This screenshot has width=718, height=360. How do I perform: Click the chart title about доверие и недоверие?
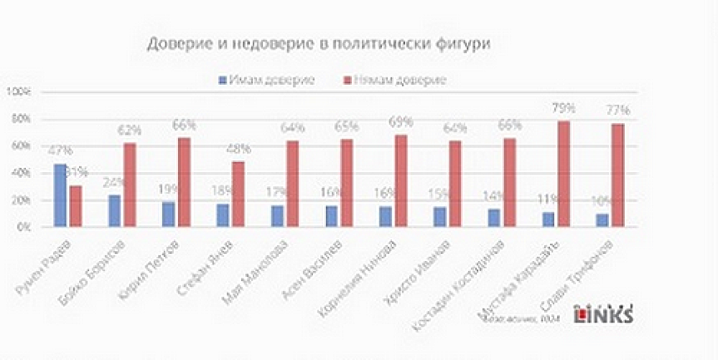click(319, 43)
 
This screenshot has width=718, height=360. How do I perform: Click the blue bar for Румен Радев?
click(60, 195)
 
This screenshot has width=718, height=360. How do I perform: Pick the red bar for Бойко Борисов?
click(129, 185)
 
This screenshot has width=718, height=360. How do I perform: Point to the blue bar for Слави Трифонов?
click(602, 220)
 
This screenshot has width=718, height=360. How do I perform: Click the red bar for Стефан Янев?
click(238, 194)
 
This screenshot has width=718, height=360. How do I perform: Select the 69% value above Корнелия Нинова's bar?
click(401, 123)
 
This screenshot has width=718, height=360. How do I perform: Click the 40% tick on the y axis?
click(20, 173)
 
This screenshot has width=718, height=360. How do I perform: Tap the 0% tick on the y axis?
click(22, 227)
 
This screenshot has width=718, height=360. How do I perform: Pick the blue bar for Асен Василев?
click(331, 216)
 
